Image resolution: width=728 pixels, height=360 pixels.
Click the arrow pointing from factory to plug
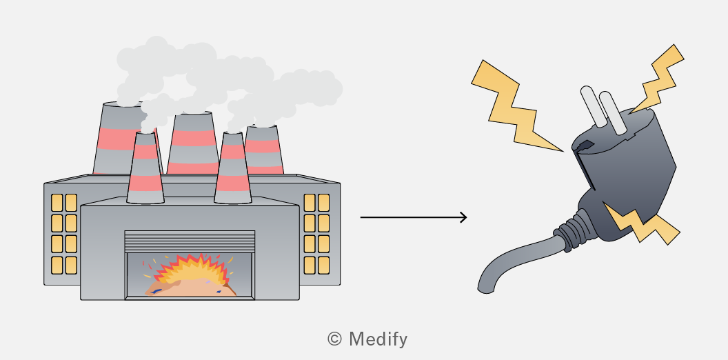[413, 217]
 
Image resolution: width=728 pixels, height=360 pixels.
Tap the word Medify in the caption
[378, 339]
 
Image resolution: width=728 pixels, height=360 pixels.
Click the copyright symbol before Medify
[334, 339]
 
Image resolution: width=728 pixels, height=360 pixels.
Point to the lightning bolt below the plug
[640, 223]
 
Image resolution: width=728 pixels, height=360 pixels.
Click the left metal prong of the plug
[594, 106]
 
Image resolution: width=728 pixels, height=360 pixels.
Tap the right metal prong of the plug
[613, 113]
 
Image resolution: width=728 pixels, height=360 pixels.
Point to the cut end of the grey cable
[485, 290]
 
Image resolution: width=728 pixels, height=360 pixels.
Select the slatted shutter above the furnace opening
[190, 241]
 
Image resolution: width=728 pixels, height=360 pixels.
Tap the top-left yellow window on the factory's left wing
[57, 203]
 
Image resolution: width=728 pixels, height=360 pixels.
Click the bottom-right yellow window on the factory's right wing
[323, 266]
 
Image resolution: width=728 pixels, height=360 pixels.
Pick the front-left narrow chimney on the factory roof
[145, 168]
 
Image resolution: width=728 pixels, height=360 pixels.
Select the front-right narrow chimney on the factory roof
[232, 168]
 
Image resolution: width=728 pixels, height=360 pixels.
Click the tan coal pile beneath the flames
[190, 289]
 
